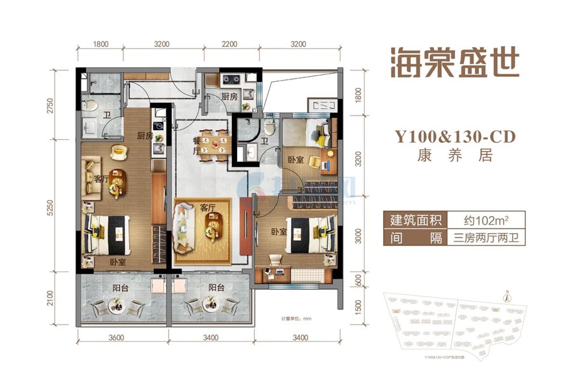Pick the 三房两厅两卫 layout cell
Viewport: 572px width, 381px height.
[488, 239]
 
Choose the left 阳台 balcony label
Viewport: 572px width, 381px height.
[120, 287]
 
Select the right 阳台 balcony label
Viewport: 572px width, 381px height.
[217, 287]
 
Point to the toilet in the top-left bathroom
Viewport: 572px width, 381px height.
[91, 105]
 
